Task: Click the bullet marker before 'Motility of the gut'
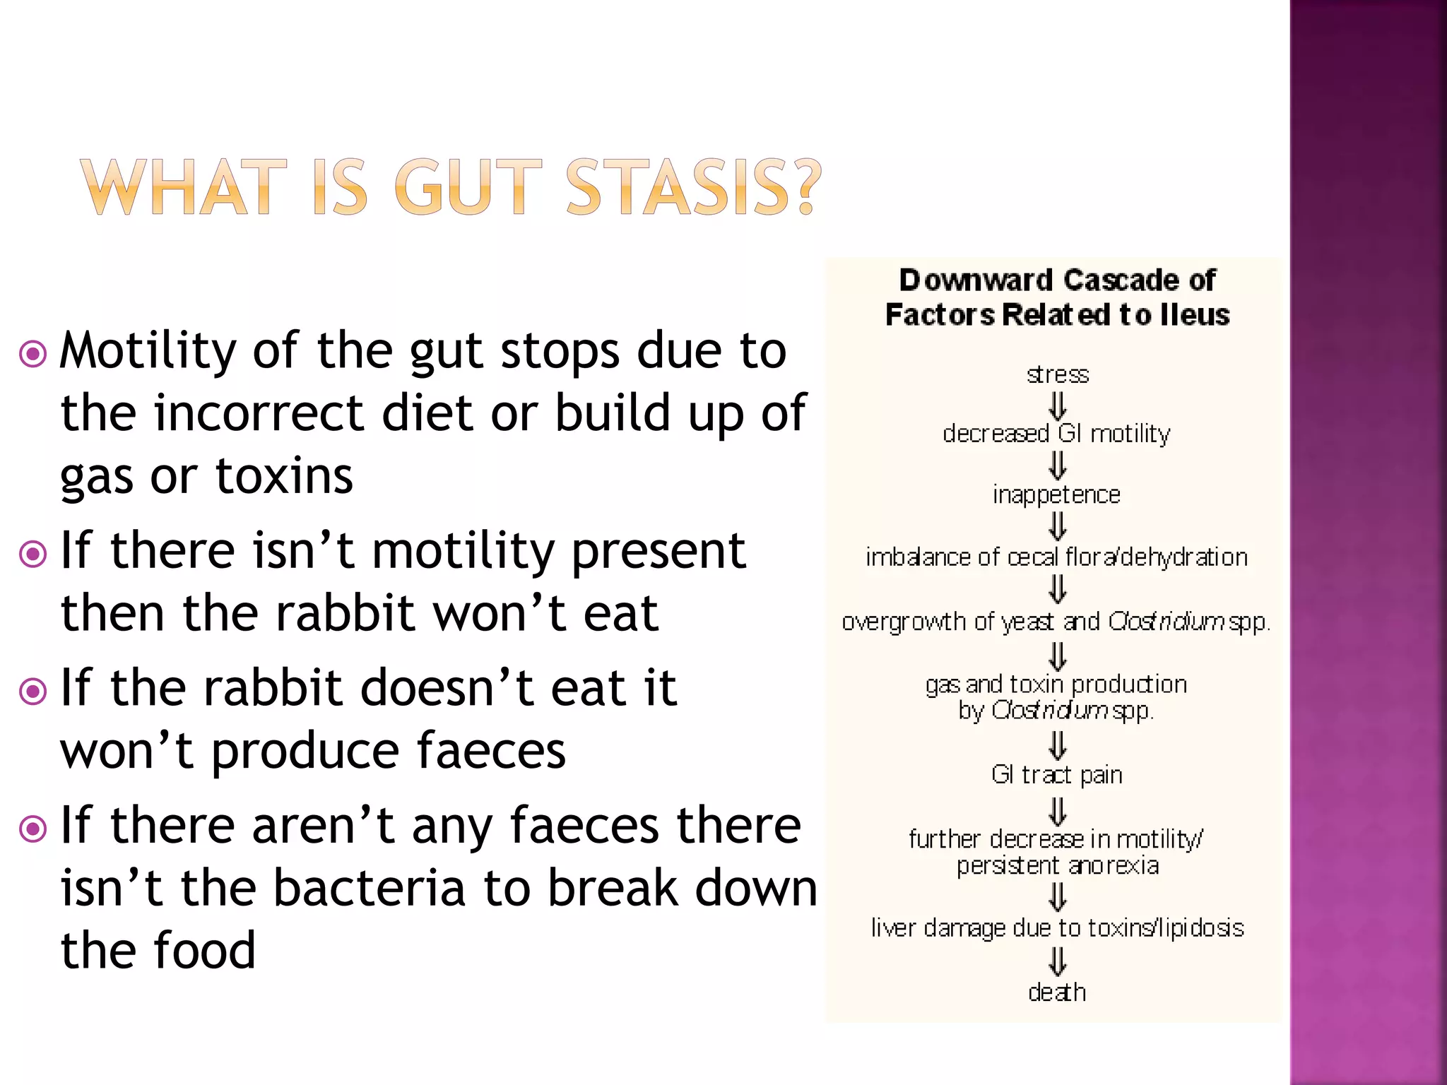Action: (33, 354)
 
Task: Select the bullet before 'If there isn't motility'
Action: (33, 554)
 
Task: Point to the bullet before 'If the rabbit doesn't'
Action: (33, 691)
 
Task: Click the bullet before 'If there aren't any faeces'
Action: (33, 829)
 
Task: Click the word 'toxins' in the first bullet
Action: (283, 476)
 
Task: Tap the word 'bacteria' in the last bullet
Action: (369, 889)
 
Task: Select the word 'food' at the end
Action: (204, 951)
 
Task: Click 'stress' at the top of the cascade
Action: (1057, 374)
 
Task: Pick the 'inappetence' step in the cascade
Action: (1056, 494)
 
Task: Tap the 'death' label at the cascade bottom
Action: (1056, 992)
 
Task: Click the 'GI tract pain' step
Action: (1056, 775)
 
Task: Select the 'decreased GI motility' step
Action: (1056, 434)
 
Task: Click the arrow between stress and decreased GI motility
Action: (1057, 405)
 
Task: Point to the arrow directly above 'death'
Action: (1057, 961)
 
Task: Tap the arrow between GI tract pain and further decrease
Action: (1057, 810)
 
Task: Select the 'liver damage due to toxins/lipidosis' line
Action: (1057, 928)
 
